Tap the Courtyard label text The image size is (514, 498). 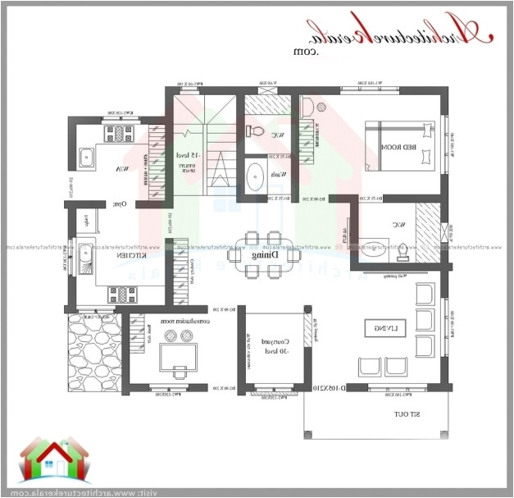coord(270,345)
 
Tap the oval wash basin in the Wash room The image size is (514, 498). coord(255,175)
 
